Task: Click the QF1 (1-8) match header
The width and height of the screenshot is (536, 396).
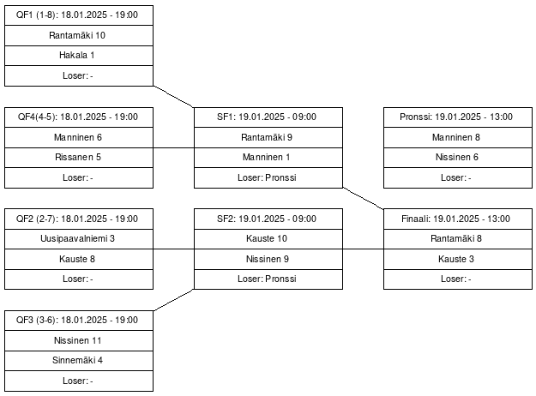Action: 79,15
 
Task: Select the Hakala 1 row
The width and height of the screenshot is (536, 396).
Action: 79,56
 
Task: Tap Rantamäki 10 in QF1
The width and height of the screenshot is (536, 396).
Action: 79,35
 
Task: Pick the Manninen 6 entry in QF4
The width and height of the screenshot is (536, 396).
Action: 79,138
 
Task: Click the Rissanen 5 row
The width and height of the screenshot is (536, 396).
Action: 79,158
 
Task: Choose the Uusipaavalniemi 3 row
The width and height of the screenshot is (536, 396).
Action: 79,239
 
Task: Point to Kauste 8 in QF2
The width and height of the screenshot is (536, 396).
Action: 79,260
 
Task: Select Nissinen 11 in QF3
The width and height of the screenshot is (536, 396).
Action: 79,340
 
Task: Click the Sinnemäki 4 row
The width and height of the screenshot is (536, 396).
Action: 79,361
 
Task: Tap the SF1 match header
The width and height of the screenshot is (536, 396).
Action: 268,117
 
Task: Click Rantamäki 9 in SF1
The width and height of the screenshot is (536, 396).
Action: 268,138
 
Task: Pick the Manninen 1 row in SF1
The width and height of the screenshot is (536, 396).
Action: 268,158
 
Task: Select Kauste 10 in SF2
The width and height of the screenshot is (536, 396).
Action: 268,239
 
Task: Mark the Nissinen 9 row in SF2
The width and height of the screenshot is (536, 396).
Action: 268,260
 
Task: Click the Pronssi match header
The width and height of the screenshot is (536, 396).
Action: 458,117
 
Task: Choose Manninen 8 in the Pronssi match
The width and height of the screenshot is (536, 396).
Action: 458,138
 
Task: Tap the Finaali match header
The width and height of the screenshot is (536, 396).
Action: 458,219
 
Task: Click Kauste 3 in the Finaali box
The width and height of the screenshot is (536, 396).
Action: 458,260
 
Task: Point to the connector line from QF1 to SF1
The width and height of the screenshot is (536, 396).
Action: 173,97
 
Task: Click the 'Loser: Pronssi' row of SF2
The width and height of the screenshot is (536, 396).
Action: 268,279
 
